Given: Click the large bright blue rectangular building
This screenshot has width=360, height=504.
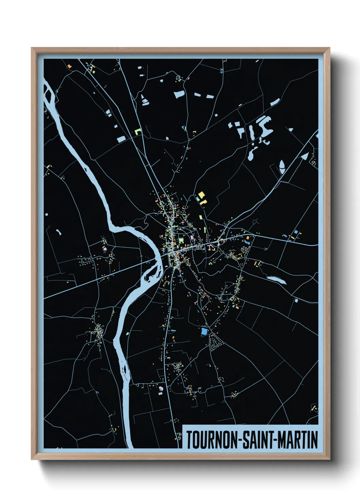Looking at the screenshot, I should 204,331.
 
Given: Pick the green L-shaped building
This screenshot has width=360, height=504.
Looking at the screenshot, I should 137,131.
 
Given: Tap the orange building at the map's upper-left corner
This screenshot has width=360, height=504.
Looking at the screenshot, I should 69,65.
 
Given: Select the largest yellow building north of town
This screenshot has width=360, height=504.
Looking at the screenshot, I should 201,195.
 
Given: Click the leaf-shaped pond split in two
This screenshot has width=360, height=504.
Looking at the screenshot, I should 282,166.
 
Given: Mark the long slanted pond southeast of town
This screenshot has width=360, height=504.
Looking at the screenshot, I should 277,280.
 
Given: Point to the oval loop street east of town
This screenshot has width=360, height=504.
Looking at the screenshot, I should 244,249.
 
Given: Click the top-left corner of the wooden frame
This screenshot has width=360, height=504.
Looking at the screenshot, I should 32,48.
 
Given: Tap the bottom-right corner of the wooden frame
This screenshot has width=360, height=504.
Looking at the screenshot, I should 329,459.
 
